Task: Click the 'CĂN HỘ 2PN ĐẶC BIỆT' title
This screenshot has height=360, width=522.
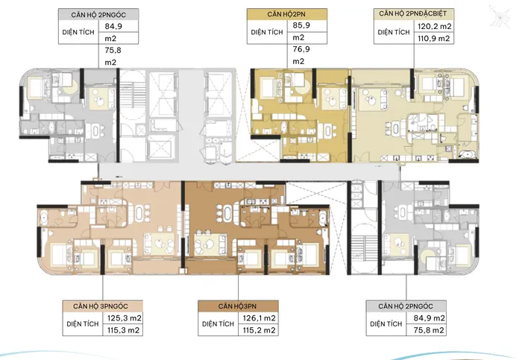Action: (x=413, y=14)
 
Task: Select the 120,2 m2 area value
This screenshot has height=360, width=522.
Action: (x=435, y=26)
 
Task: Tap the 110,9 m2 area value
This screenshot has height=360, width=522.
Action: (x=434, y=38)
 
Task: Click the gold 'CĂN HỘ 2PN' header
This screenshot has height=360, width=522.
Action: (x=286, y=14)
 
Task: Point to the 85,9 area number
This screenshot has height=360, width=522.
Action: (x=301, y=25)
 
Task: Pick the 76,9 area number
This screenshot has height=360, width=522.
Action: (x=301, y=49)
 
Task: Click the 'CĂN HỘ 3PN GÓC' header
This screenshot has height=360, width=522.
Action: (x=101, y=306)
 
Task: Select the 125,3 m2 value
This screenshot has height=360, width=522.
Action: (x=125, y=318)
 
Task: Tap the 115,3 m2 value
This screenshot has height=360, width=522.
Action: (x=123, y=330)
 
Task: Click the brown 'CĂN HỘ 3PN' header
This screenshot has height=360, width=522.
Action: (x=237, y=306)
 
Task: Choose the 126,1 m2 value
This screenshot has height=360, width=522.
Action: (x=259, y=318)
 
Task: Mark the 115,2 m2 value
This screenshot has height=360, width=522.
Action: (x=259, y=330)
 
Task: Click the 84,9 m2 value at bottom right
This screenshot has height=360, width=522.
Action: (x=429, y=318)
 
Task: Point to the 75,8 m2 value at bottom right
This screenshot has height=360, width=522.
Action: (x=429, y=330)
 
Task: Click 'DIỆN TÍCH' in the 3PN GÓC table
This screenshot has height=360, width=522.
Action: (x=83, y=324)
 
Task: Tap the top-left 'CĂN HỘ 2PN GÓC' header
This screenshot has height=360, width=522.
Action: (x=98, y=15)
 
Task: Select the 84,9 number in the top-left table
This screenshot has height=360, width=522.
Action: (x=113, y=26)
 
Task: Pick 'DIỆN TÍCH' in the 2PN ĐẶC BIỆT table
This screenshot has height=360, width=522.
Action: (x=394, y=32)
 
